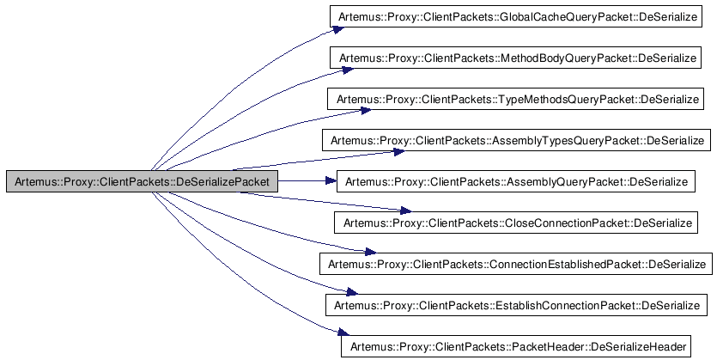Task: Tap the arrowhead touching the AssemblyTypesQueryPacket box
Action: pos(398,151)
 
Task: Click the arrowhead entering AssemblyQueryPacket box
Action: pos(331,181)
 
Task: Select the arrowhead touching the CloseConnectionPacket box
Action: pos(405,211)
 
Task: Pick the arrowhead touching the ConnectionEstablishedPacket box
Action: pos(370,252)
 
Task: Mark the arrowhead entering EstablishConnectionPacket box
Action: pos(349,294)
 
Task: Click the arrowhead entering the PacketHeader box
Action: pos(336,337)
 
